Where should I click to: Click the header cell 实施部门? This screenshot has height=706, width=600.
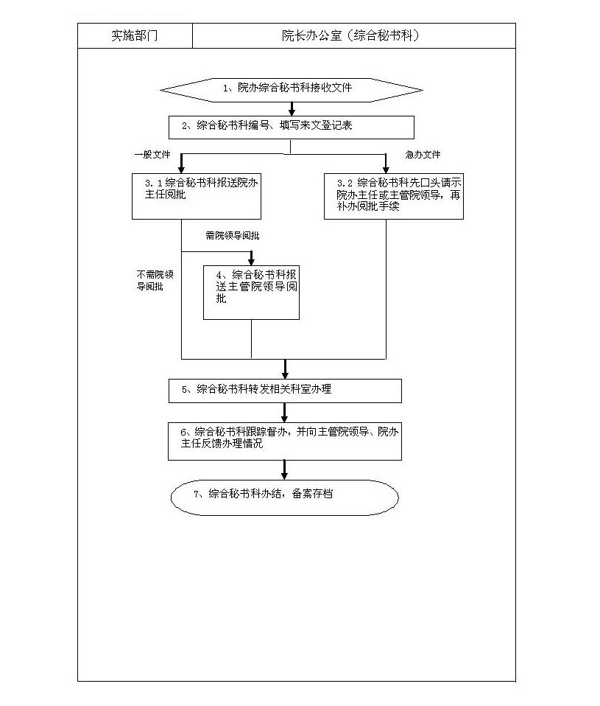click(x=135, y=35)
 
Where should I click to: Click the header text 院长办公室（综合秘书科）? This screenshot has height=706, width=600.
click(x=351, y=35)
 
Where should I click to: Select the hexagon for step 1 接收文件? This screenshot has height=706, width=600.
click(x=292, y=90)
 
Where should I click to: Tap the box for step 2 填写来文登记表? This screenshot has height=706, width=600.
click(x=292, y=127)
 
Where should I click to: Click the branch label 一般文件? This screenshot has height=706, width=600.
click(x=152, y=155)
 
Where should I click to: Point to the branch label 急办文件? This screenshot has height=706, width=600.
click(x=423, y=155)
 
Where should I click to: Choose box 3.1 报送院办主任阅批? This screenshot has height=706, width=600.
click(x=197, y=196)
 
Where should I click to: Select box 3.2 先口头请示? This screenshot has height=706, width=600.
click(x=394, y=196)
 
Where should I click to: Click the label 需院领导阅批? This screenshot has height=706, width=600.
click(x=233, y=236)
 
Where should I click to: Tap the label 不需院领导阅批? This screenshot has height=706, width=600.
click(x=155, y=280)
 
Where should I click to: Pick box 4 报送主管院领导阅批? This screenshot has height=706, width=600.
click(x=252, y=293)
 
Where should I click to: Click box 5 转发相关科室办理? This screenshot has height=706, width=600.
click(x=285, y=391)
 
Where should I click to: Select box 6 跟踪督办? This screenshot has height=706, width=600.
click(x=285, y=441)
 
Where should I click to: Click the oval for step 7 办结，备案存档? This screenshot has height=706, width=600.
click(x=285, y=497)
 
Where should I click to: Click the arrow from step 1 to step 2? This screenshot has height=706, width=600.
click(x=292, y=109)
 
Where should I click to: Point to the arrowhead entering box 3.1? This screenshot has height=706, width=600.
click(x=181, y=169)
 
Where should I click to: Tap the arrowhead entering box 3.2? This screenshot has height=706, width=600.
click(x=386, y=169)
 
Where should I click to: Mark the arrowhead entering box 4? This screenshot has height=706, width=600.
click(x=252, y=261)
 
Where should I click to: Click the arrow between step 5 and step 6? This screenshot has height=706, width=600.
click(x=284, y=413)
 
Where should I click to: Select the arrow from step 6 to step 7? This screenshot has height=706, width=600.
click(x=284, y=470)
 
